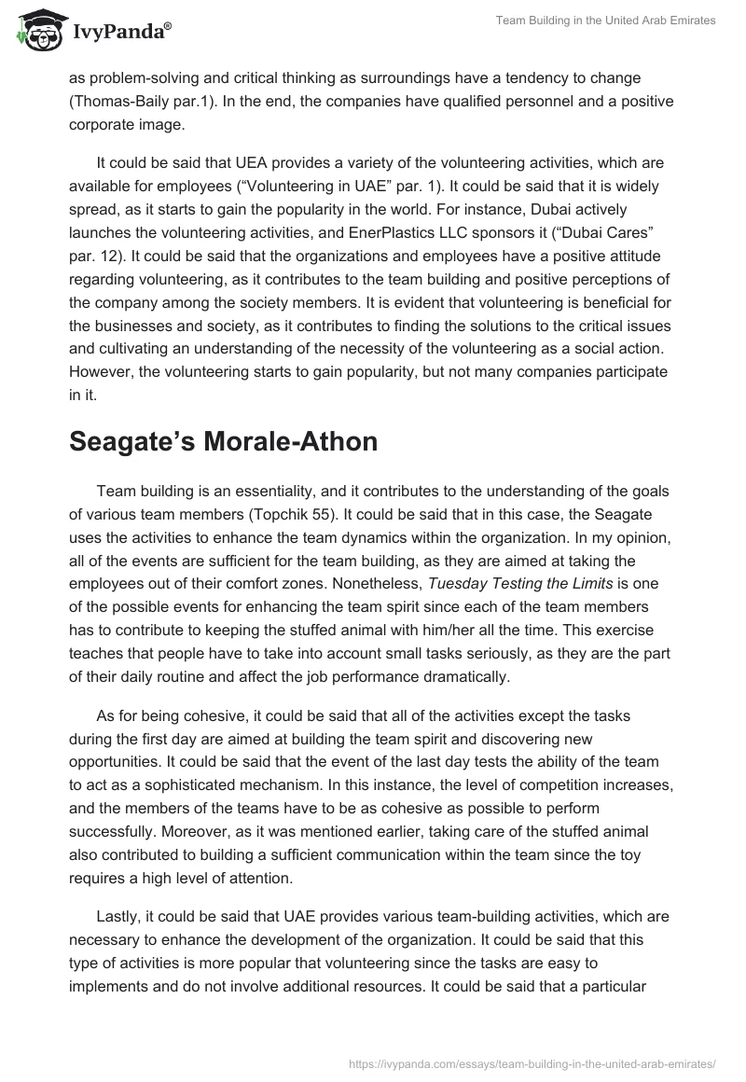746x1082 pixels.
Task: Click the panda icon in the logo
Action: tap(35, 30)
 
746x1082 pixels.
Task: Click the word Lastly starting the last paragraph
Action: tap(121, 917)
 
